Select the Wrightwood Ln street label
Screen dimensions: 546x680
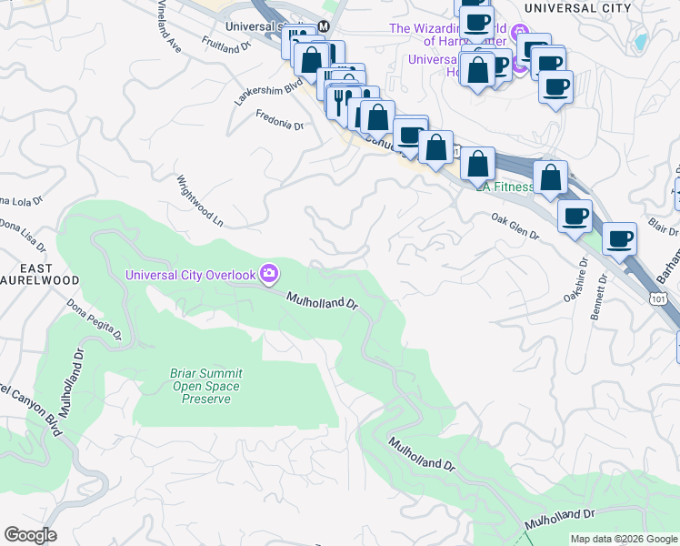(x=199, y=201)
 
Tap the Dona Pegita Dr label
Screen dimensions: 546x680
(x=95, y=320)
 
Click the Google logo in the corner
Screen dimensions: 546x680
(x=30, y=535)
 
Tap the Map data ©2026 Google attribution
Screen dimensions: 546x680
(x=623, y=539)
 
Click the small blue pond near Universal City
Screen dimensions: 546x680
(x=642, y=41)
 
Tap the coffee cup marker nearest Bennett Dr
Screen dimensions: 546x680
(x=619, y=238)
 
